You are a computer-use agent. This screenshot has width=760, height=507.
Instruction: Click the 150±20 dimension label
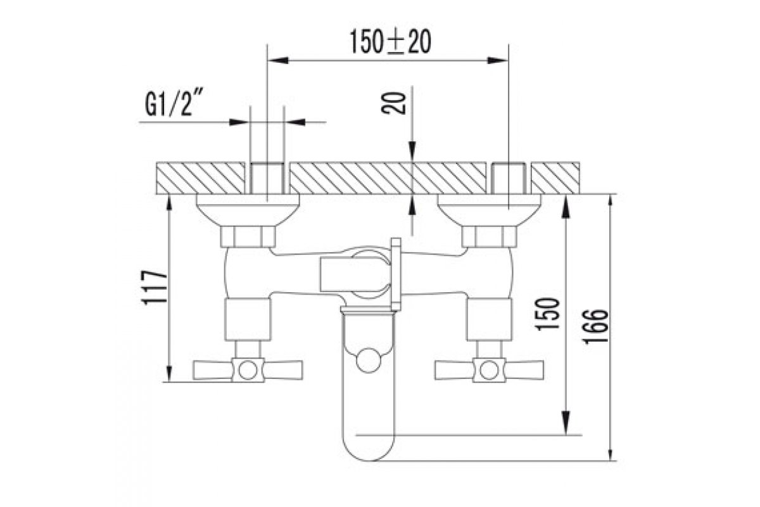(x=390, y=42)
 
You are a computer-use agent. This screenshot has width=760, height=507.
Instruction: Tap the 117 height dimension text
(x=155, y=287)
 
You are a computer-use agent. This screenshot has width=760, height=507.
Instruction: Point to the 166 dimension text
(x=595, y=327)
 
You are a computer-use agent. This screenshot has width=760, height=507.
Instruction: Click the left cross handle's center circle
(x=248, y=370)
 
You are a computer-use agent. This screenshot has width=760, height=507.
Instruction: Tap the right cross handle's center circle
(x=489, y=370)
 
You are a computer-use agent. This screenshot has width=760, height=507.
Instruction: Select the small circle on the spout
(x=369, y=361)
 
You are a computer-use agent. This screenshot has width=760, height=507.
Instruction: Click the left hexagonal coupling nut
(x=248, y=236)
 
